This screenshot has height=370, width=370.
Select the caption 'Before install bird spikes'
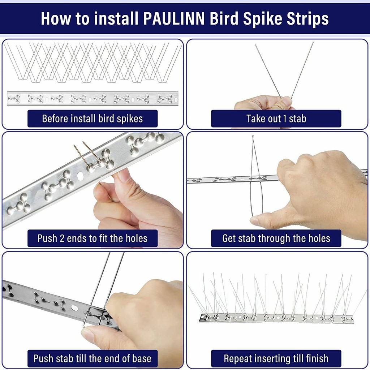pyautogui.click(x=92, y=119)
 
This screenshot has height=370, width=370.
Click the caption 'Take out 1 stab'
pyautogui.click(x=276, y=119)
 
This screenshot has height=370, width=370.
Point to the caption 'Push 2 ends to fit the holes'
pyautogui.click(x=92, y=238)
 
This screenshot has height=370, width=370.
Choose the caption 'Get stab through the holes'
pyautogui.click(x=276, y=238)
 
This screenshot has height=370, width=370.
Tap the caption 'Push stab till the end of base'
pyautogui.click(x=92, y=358)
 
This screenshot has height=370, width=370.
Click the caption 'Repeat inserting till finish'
pyautogui.click(x=276, y=358)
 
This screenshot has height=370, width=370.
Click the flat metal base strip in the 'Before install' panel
pyautogui.click(x=92, y=98)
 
